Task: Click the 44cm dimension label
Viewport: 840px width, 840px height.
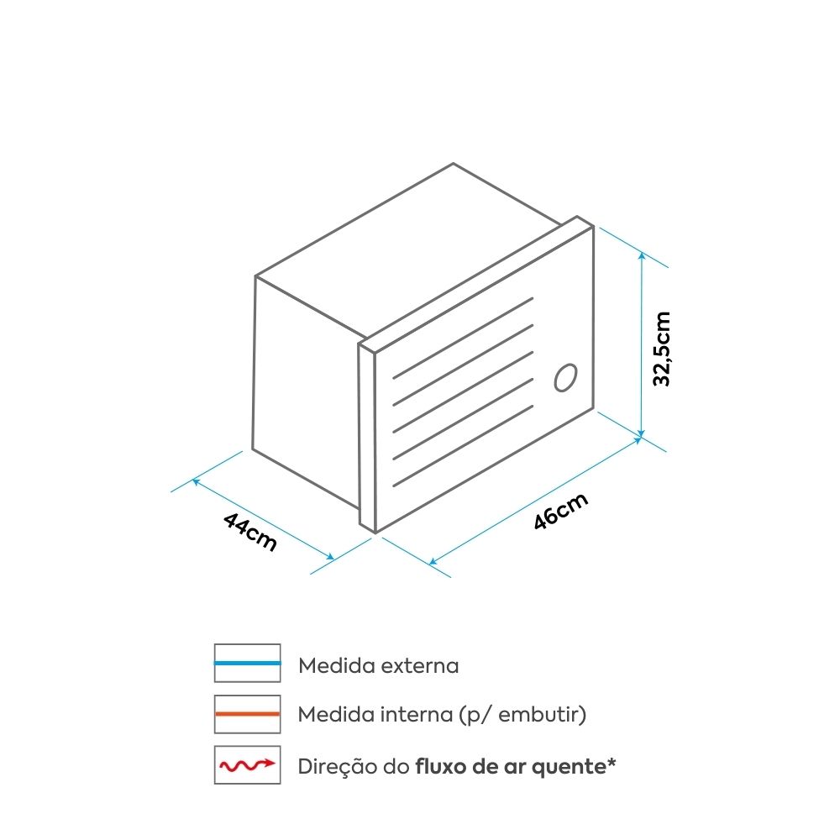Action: [250, 532]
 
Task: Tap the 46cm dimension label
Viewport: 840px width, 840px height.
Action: [561, 511]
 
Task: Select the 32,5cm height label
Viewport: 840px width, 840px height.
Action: [662, 349]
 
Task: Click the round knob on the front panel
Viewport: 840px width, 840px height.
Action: [565, 378]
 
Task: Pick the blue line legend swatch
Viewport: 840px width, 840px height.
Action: [248, 663]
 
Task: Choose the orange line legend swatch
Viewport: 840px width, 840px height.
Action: [248, 714]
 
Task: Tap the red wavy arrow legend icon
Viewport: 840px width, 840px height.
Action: [248, 765]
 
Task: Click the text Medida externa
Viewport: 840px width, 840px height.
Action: [379, 666]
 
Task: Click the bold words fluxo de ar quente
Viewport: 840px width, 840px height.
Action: [511, 767]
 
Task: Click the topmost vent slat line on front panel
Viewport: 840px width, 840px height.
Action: [463, 338]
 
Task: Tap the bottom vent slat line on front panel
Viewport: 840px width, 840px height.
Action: [463, 446]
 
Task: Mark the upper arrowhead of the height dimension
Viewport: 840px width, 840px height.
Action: [642, 257]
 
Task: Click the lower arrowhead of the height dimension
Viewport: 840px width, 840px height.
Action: [641, 433]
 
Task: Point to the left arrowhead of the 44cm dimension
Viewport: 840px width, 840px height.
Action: [196, 481]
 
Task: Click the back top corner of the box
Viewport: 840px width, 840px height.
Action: [454, 164]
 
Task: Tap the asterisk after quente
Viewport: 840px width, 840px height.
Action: [612, 762]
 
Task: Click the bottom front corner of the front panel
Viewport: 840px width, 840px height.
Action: [375, 533]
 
